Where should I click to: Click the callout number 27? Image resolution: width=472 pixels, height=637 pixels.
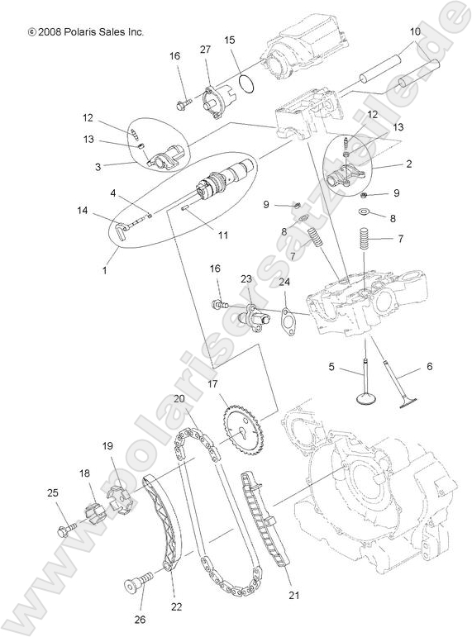[205, 51]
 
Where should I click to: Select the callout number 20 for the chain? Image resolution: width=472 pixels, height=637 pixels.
[179, 399]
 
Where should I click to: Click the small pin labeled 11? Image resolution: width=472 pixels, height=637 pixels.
[187, 210]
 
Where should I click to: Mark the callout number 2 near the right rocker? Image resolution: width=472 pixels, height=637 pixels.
[408, 164]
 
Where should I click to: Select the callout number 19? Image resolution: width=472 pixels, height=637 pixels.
[107, 446]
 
